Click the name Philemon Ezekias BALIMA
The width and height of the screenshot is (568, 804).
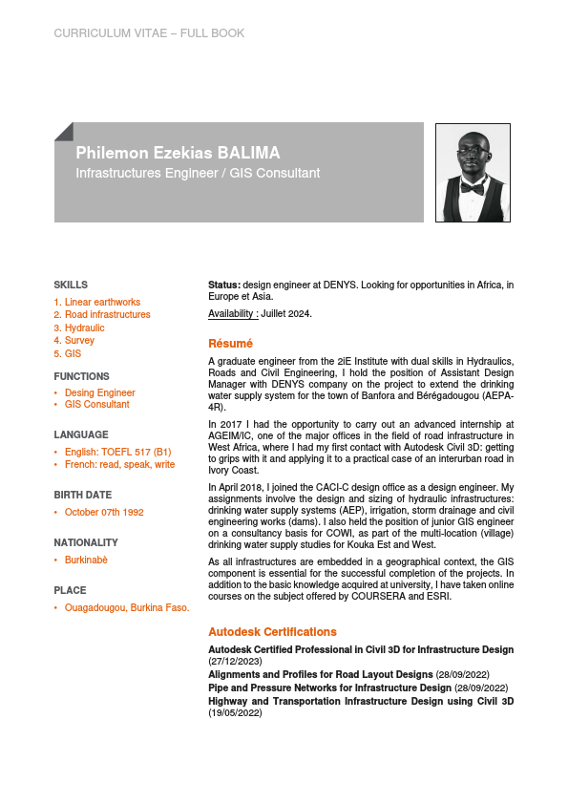click(178, 153)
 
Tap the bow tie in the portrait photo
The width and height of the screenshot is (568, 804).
click(473, 188)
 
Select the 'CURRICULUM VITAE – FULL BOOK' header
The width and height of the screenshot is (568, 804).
click(149, 33)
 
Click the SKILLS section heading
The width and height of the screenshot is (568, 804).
click(71, 285)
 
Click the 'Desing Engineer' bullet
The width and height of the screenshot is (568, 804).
click(99, 392)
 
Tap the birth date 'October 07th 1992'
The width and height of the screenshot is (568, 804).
click(104, 512)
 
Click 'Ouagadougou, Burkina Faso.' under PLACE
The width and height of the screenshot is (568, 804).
click(127, 607)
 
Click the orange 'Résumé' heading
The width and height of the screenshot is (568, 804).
click(230, 343)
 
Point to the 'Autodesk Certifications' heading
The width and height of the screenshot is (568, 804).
click(272, 631)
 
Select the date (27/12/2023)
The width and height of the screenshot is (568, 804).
click(235, 661)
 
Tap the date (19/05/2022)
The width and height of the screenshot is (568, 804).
click(235, 712)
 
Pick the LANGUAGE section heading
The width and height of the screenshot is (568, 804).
click(81, 434)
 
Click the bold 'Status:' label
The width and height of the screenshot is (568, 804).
click(224, 285)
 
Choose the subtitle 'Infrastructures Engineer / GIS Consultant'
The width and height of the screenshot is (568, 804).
click(198, 174)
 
